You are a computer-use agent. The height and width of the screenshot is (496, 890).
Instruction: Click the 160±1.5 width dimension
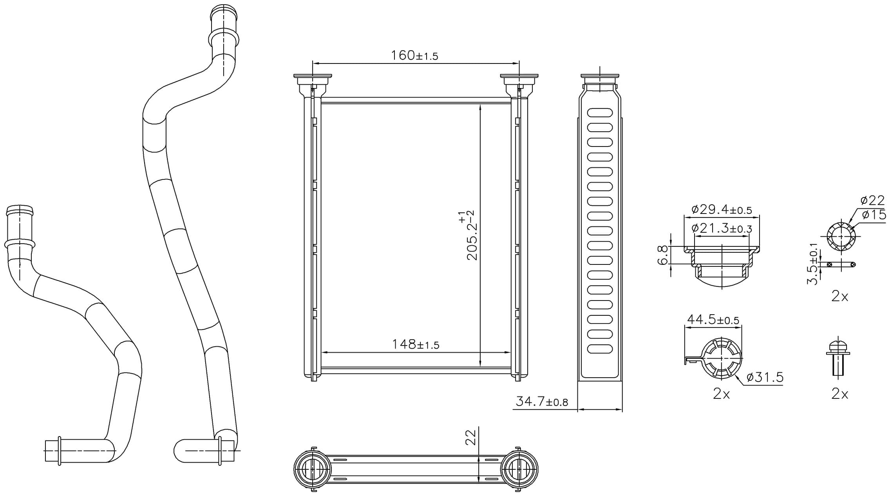point(414,56)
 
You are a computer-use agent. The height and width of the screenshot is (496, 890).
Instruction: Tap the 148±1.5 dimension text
point(416,344)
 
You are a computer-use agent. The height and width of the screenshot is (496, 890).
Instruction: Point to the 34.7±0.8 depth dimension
point(542,401)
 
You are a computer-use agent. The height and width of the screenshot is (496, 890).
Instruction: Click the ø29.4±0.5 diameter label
point(722,209)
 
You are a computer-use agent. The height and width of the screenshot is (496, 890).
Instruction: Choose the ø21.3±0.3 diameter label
point(722,228)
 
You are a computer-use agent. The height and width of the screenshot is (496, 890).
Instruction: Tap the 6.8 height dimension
point(662,255)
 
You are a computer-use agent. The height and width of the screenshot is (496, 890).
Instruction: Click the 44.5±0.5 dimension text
point(713,320)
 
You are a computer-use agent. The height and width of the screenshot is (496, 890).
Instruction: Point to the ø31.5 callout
point(765,377)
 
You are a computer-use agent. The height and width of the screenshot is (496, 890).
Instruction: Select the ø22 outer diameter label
point(872,200)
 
